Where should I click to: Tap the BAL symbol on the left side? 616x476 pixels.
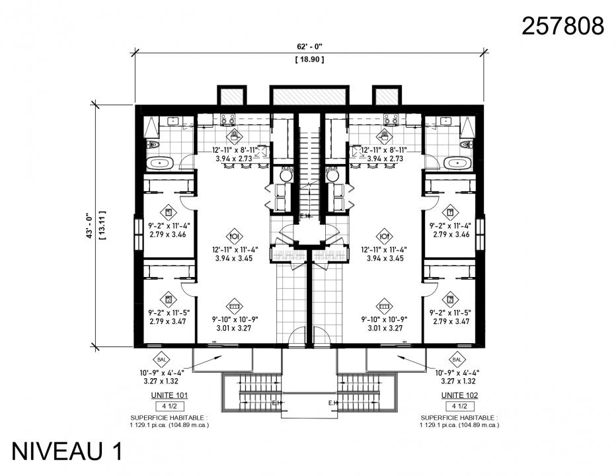tap(162, 359)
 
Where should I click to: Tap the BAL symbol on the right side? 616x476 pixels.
tap(457, 359)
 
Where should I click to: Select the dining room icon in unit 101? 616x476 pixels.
tap(235, 235)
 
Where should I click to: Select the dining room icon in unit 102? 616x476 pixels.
tap(384, 235)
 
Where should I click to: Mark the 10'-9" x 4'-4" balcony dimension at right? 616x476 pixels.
tap(457, 373)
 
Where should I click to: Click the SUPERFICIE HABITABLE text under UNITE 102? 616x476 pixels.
tap(460, 418)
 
